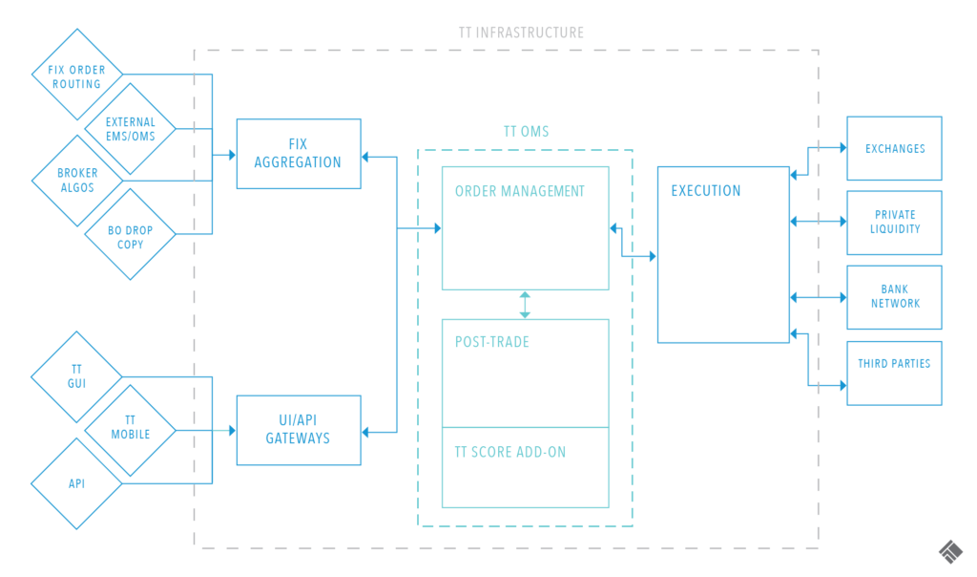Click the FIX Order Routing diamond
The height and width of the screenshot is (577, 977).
click(76, 76)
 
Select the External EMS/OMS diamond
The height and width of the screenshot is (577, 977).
click(130, 129)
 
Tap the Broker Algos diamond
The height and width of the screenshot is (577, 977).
click(76, 180)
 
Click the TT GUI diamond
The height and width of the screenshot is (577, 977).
click(76, 375)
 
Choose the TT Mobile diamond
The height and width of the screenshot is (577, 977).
click(130, 427)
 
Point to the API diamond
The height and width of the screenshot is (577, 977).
click(76, 483)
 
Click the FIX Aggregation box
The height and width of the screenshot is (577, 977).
click(298, 154)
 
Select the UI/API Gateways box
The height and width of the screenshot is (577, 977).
click(298, 430)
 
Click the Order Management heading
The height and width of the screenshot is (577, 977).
click(520, 191)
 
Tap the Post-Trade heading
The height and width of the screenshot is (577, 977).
click(492, 342)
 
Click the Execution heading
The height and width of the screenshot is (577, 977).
click(705, 191)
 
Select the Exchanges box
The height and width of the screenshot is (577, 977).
click(894, 149)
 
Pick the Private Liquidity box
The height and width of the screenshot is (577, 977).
click(894, 223)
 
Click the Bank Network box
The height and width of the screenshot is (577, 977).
click(894, 296)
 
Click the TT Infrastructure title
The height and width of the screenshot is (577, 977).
click(520, 32)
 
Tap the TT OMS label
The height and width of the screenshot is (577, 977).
click(526, 132)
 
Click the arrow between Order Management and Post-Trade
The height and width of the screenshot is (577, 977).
click(525, 304)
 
